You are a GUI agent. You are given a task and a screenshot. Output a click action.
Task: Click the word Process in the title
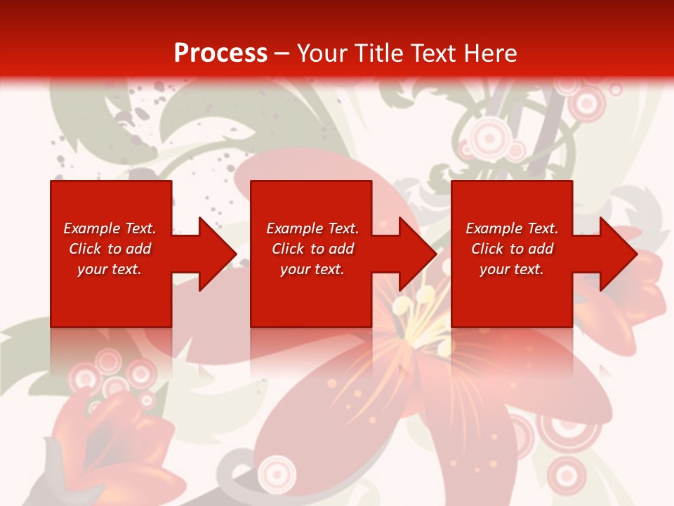(x=220, y=53)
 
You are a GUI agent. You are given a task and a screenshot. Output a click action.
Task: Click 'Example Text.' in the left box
(x=110, y=228)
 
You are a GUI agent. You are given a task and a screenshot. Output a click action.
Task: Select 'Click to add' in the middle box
(x=312, y=249)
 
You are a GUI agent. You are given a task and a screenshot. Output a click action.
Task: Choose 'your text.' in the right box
(x=511, y=269)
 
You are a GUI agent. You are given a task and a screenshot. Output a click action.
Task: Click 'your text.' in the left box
(x=110, y=269)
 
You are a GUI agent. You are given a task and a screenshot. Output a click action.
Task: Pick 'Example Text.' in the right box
(x=512, y=228)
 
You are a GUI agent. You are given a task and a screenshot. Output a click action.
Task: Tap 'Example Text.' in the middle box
(x=312, y=228)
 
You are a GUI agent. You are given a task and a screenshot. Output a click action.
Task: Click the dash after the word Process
(x=282, y=53)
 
